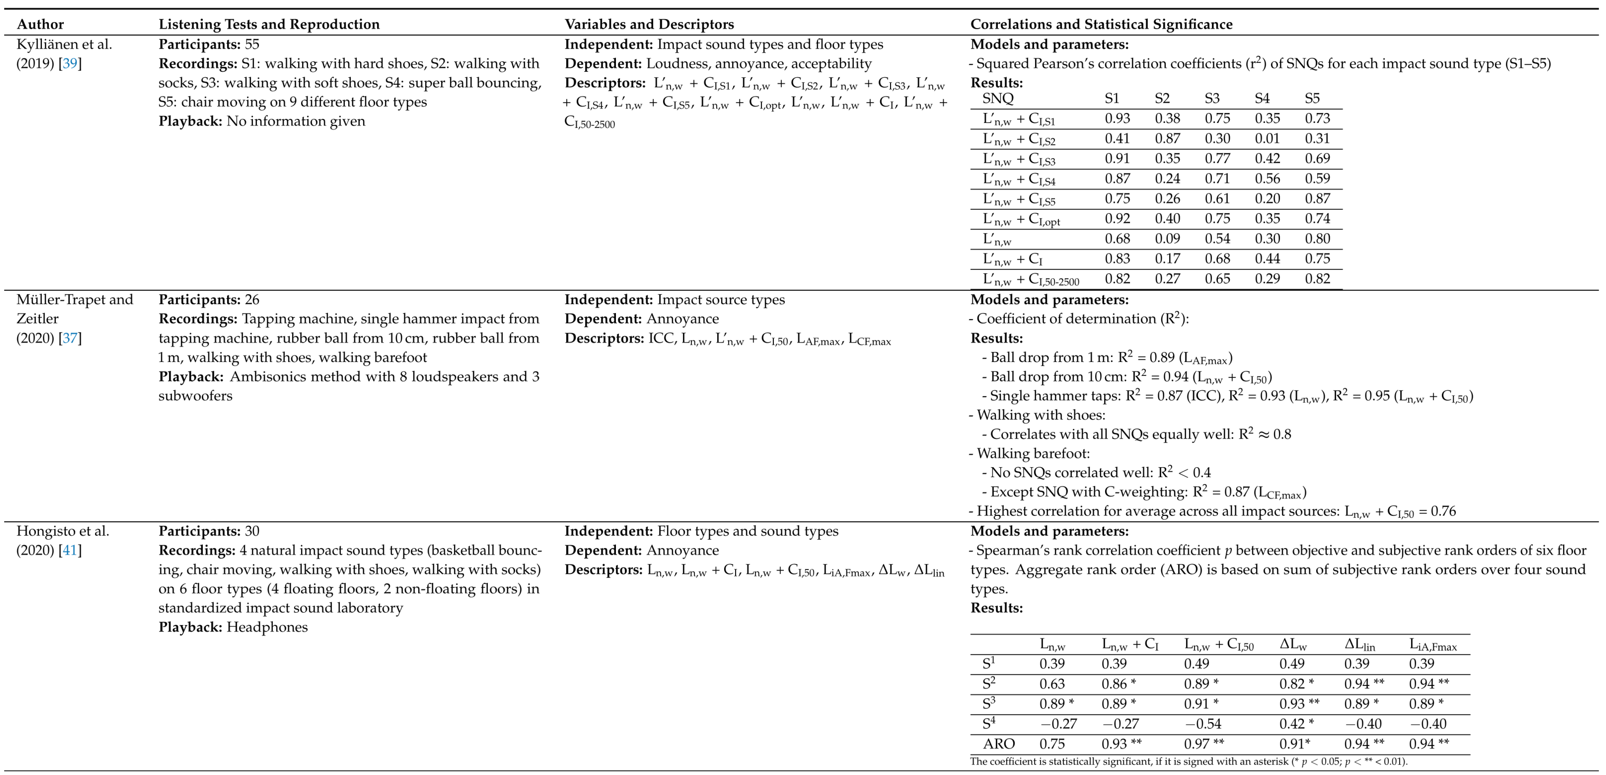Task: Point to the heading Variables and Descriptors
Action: point(649,24)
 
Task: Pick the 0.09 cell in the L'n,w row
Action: point(1167,239)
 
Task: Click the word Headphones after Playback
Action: point(267,627)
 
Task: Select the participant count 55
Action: point(252,44)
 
